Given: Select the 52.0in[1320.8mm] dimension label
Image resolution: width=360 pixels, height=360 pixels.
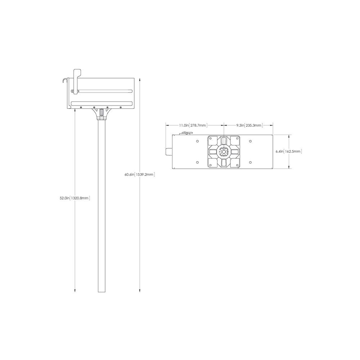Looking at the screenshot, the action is [75, 198].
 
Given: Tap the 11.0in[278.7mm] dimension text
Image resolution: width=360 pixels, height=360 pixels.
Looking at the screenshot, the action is [193, 125].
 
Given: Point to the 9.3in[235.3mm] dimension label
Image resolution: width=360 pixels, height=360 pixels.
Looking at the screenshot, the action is [249, 125].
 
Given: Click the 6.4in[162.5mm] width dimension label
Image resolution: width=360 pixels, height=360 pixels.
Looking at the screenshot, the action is [289, 152].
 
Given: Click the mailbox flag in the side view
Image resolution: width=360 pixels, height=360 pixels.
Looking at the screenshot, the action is [76, 81].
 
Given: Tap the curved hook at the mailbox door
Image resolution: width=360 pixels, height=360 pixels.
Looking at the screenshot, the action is [64, 80].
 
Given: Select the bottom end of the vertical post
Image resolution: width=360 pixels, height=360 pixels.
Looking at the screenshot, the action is [102, 292].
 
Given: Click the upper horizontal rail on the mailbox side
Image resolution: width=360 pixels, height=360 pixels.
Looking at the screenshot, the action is [102, 91].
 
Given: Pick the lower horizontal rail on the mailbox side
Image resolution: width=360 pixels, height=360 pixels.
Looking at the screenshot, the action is [102, 103].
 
